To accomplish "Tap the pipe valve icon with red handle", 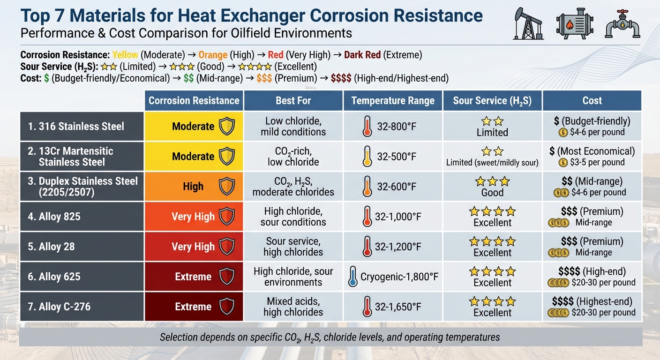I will click(622, 23).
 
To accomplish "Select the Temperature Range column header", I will click(393, 101).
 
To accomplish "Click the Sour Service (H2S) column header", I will click(492, 101).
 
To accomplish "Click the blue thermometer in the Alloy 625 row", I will click(353, 277).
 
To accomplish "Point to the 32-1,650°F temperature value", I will click(398, 307).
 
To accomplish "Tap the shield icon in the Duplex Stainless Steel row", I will click(227, 187).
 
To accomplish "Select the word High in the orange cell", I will click(193, 187).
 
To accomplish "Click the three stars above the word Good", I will click(492, 181).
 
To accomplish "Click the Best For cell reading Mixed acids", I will click(293, 307).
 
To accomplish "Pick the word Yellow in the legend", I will click(125, 55).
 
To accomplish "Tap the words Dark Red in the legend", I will click(362, 55).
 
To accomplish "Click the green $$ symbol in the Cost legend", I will click(189, 78).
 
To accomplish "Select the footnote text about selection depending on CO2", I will click(330, 337).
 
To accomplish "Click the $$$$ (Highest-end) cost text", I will click(592, 301).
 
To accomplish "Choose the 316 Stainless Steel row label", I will click(76, 126).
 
